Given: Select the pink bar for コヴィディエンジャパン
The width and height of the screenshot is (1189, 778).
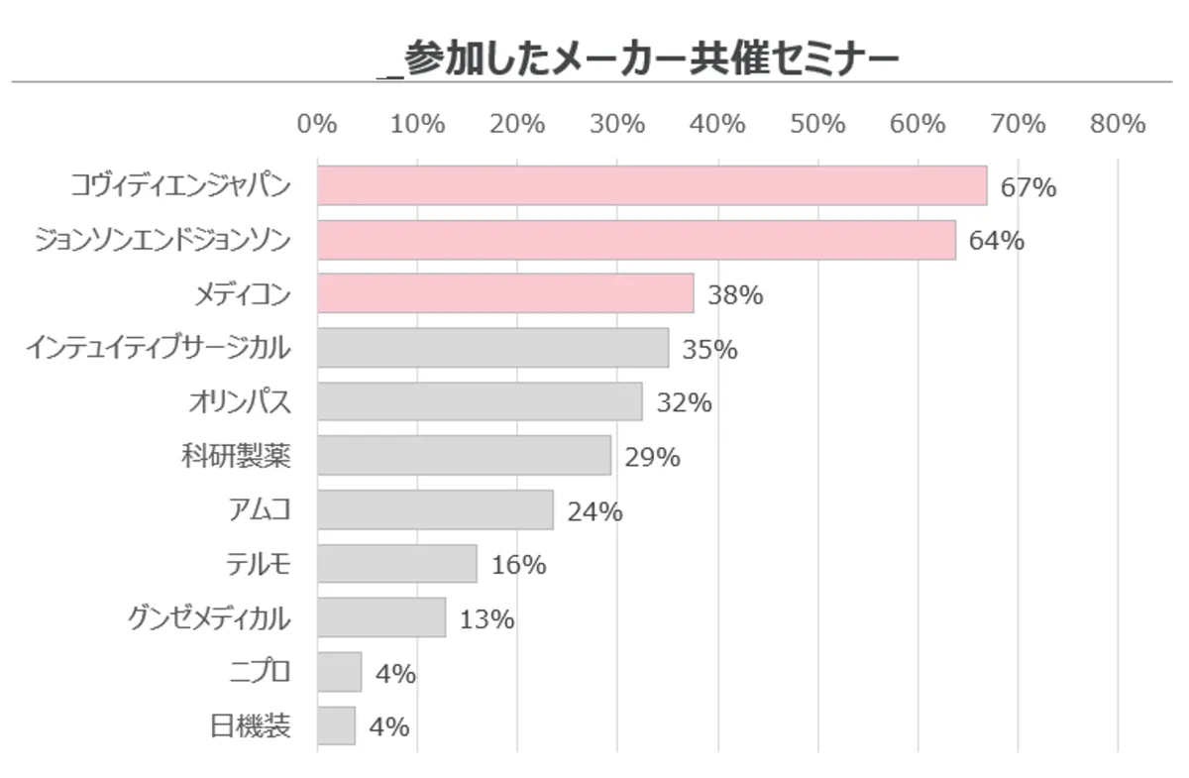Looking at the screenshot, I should tap(652, 186).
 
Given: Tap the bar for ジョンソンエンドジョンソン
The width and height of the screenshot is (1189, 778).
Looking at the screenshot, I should tap(636, 241).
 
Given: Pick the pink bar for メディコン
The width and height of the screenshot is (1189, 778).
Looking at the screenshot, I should tap(505, 294).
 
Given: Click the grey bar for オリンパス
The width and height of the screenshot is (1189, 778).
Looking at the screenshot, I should tap(480, 402).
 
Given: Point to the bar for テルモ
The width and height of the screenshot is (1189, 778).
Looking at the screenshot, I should tap(396, 564).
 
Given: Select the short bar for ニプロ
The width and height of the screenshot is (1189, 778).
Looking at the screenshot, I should tap(339, 672).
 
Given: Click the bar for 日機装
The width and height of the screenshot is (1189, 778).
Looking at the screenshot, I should tap(336, 725).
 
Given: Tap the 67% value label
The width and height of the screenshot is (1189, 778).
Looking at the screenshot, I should tap(1027, 187).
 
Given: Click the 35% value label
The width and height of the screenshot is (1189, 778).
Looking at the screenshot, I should tap(709, 349).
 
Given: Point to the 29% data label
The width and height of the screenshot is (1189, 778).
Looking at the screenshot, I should tap(652, 457).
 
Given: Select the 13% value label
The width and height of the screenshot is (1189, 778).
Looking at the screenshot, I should tap(486, 619).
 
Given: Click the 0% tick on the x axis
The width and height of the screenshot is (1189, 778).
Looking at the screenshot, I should tap(317, 124).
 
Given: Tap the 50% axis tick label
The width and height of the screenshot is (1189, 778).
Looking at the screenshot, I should tap(817, 124).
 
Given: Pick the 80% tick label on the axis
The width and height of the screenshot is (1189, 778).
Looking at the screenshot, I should tap(1118, 124).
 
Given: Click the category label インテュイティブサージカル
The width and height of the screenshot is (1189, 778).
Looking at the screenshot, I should tap(159, 348).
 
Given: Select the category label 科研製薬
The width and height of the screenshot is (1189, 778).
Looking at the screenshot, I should tap(236, 456).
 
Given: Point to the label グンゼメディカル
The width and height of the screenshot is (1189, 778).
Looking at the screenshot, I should tap(209, 618).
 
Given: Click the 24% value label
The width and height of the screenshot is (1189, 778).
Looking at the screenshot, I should tap(594, 511).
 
